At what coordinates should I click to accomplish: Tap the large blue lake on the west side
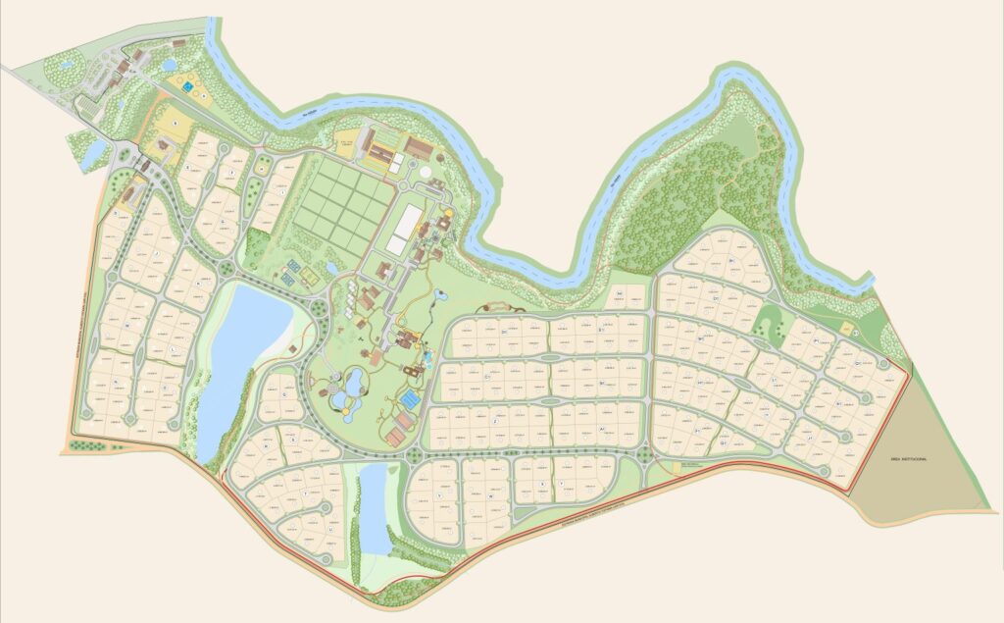pos(241,343)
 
